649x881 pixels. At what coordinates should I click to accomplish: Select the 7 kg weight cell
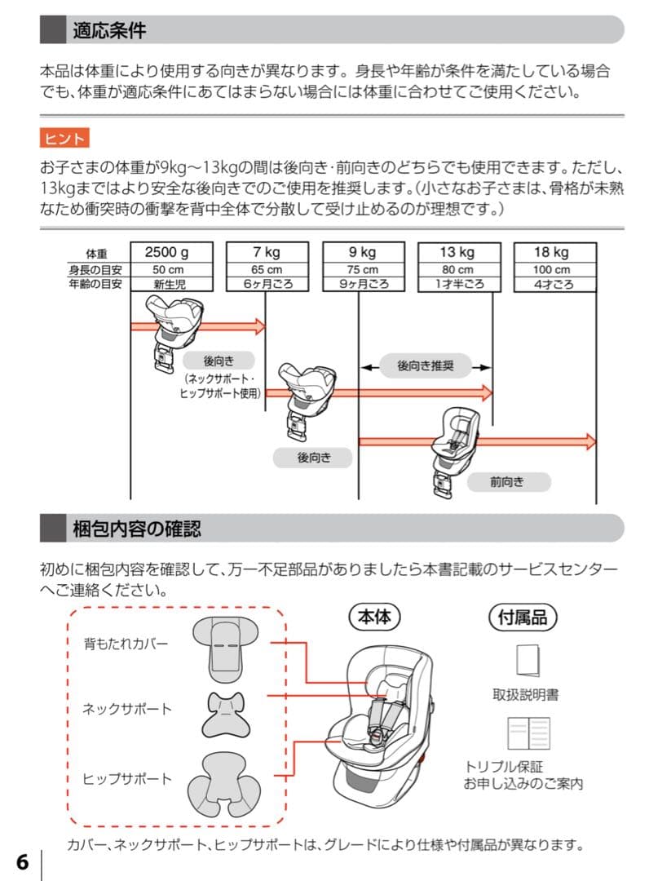(x=266, y=252)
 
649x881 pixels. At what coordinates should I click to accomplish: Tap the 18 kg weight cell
(x=551, y=252)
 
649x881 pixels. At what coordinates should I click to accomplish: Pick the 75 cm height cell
(x=362, y=269)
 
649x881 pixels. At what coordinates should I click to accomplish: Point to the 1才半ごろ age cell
(x=457, y=284)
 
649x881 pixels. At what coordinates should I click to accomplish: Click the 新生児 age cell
(x=170, y=284)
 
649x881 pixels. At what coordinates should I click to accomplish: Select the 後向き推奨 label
(x=425, y=366)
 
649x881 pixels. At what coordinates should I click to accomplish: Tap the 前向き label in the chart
(x=506, y=482)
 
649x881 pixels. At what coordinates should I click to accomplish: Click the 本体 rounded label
(x=375, y=618)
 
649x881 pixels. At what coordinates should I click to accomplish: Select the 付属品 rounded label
(x=522, y=618)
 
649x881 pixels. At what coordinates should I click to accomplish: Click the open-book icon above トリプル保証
(x=528, y=733)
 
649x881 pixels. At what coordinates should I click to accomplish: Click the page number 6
(x=22, y=862)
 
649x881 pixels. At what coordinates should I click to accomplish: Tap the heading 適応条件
(x=109, y=31)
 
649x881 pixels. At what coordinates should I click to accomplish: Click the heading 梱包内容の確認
(x=136, y=529)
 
